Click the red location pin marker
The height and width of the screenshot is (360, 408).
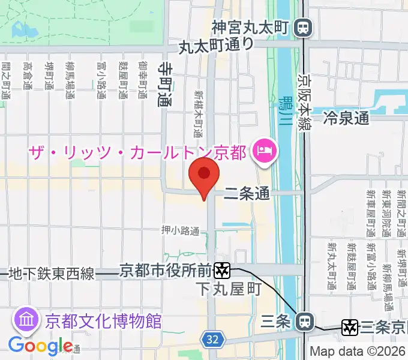(204, 175)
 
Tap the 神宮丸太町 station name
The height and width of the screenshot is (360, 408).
(251, 27)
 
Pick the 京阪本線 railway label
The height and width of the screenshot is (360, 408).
(305, 101)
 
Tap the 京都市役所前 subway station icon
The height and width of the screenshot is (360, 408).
(223, 271)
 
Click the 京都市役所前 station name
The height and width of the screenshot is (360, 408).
(165, 271)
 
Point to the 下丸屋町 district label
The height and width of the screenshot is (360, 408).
(229, 289)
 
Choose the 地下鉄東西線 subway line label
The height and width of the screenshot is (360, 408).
(52, 274)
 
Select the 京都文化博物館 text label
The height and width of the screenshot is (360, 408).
(104, 320)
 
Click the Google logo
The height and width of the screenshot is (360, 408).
(40, 346)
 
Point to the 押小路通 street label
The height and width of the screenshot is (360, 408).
(181, 230)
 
